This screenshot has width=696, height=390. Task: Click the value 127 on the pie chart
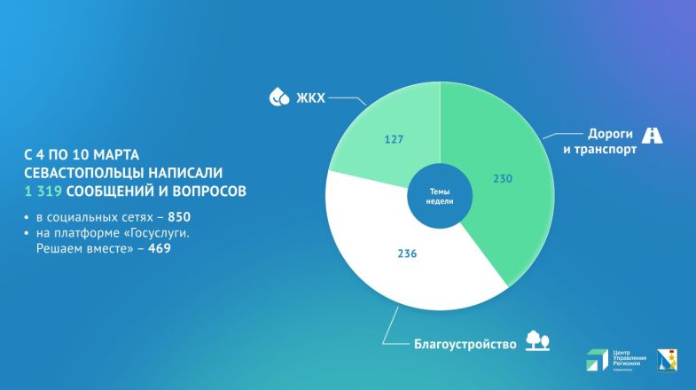pos(395,139)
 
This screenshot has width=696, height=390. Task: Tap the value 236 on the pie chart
pos(408,254)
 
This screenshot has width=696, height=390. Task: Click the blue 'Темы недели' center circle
pos(442,196)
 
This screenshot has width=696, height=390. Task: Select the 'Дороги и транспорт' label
pos(612,142)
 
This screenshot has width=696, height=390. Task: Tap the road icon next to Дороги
pos(653,136)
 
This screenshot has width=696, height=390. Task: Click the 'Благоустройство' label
pos(465,344)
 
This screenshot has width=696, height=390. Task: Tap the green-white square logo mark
pos(596,361)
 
